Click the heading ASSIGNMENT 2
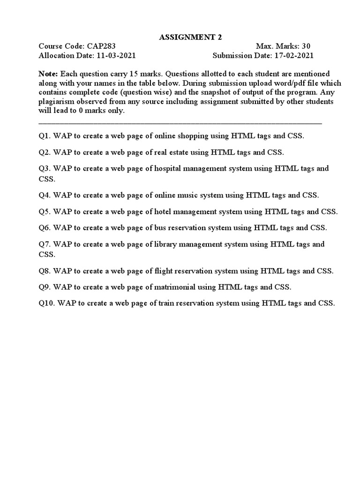(x=180, y=37)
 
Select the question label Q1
(x=45, y=136)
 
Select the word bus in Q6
(x=160, y=228)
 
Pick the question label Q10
(x=46, y=303)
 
